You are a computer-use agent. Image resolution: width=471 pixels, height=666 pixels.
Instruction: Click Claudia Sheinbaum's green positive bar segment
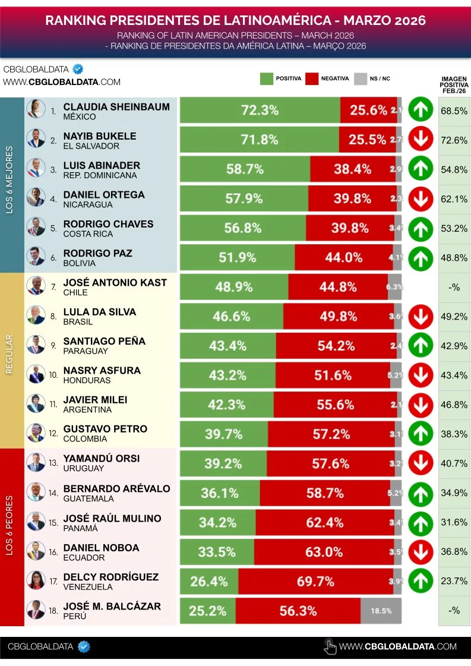point(260,111)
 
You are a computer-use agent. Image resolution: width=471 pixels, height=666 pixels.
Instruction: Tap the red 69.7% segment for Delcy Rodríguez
point(315,580)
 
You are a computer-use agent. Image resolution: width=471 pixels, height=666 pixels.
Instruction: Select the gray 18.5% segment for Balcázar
point(381,610)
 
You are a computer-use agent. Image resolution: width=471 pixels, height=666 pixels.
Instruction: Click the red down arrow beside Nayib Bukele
point(421,140)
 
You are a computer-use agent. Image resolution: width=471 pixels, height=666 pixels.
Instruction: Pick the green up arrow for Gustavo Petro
point(421,434)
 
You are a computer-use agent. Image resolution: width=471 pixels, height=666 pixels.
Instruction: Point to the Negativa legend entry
point(327,78)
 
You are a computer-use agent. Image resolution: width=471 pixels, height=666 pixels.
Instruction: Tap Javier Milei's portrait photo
point(36,403)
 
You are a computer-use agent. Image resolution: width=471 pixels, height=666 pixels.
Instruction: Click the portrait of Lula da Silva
point(36,315)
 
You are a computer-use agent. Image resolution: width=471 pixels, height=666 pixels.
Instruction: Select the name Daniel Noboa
point(101,547)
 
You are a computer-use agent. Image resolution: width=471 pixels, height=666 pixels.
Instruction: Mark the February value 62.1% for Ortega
point(454,199)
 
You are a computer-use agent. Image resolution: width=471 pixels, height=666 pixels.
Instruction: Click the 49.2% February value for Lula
point(454,316)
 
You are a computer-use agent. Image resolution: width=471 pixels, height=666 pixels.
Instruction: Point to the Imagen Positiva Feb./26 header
point(454,85)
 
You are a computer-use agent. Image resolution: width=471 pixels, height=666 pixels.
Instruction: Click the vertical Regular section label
point(10,354)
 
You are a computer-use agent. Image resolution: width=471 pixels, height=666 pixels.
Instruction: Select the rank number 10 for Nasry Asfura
point(53,375)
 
